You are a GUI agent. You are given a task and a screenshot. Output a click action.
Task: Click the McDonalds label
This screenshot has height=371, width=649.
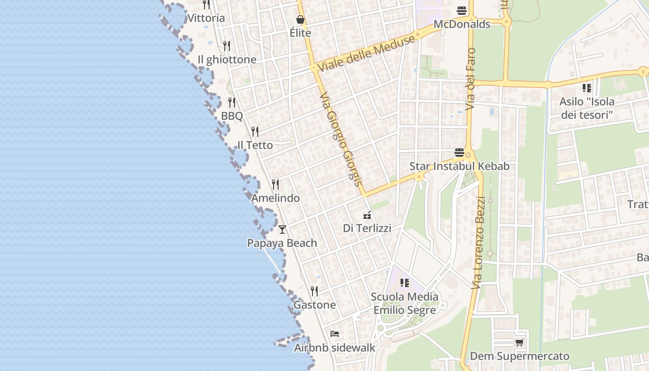coord(462,24)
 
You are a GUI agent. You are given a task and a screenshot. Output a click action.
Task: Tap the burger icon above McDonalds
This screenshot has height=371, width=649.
coord(462,10)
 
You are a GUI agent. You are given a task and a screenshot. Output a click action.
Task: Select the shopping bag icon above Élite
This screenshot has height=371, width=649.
coord(300,19)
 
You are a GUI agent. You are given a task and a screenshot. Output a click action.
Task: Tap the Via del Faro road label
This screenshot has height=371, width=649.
coord(471,79)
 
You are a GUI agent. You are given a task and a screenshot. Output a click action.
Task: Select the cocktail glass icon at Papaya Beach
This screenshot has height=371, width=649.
coord(282,229)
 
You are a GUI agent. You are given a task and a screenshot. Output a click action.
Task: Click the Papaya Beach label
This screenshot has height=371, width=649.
coord(282,243)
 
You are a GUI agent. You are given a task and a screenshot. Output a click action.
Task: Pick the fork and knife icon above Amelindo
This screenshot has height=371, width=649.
coord(275,185)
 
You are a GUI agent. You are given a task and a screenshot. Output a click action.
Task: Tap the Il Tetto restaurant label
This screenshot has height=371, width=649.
coord(255,145)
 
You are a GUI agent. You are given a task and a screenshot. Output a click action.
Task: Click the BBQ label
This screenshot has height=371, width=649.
coord(232,116)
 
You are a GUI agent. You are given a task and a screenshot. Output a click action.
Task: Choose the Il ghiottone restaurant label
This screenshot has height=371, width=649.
coord(227,60)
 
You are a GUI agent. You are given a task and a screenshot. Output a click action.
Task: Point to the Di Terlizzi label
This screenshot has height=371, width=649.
coord(367,228)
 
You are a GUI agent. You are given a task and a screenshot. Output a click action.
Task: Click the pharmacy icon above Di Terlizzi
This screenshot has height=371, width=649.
coord(367,215)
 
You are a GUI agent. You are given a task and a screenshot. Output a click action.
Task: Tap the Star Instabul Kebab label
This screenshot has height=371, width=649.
coord(459,166)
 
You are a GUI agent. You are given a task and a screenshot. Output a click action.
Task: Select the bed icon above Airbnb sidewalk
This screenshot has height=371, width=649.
coord(335,333)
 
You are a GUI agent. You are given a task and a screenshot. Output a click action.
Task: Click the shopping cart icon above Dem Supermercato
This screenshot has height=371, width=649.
coord(520,343)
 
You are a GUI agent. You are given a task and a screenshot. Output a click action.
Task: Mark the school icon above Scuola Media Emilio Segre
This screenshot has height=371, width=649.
coord(405,282)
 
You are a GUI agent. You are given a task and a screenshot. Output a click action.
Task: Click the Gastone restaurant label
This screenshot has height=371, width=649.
coord(314,305)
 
